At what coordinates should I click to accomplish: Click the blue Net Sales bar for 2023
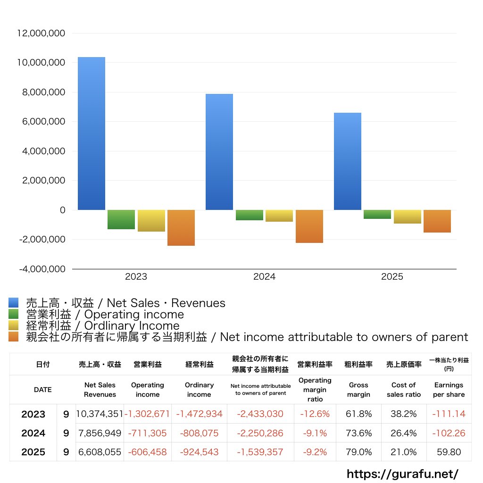coord(92,133)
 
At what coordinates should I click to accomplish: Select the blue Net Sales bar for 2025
coord(348,161)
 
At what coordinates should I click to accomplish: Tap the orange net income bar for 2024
coord(309,226)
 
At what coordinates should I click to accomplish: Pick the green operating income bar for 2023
coord(121,219)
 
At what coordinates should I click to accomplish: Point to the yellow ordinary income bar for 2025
coord(408,217)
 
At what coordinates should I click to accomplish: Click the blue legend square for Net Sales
coord(14,303)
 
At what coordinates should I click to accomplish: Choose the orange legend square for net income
coord(14,337)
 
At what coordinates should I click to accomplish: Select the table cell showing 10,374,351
coord(100,414)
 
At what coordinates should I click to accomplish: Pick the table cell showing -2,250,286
coord(260,433)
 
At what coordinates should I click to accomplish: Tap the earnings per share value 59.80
coord(449,452)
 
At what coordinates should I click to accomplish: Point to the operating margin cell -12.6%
coord(315,414)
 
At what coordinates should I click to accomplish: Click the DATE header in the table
coord(42,390)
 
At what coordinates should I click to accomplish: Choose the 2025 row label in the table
coord(33,452)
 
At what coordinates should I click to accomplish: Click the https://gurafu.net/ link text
coord(402,474)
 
